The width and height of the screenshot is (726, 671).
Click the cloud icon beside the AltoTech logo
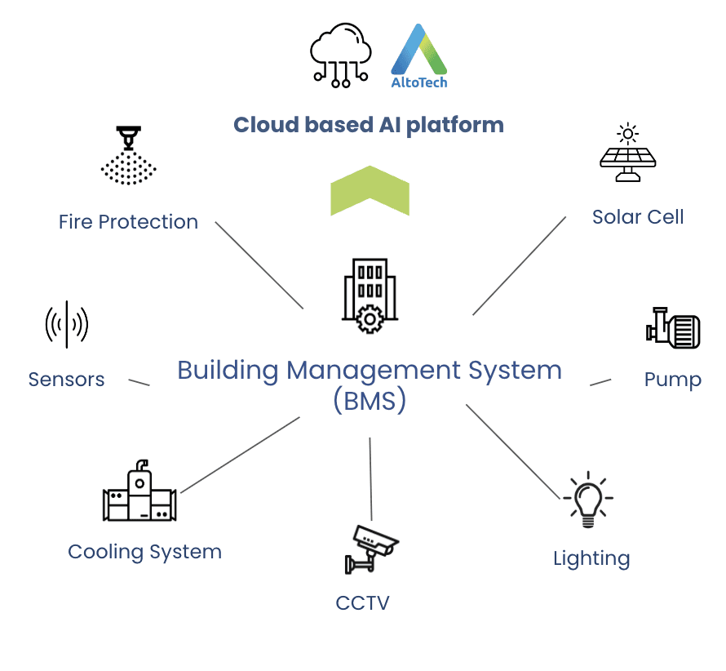pos(341,53)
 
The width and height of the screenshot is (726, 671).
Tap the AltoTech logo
pos(419,56)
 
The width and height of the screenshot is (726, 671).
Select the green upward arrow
pos(370,190)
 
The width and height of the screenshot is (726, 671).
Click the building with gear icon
pos(369,295)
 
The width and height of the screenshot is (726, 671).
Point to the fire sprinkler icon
pos(128,155)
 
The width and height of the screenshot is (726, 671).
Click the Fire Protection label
pos(128,222)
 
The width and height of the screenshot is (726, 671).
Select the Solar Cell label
pos(638,217)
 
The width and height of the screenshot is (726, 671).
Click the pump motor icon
pos(673,328)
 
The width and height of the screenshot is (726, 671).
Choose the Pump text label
pos(672,380)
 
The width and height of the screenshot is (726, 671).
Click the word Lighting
pos(591,559)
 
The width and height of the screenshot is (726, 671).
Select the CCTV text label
pos(363,603)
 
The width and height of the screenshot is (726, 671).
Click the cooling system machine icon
pos(139,492)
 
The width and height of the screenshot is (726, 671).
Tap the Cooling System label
pos(144,552)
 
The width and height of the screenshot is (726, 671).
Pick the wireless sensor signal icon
pos(67,325)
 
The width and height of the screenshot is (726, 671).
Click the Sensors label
pos(66,380)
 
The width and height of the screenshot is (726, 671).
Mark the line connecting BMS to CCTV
pos(370,478)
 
